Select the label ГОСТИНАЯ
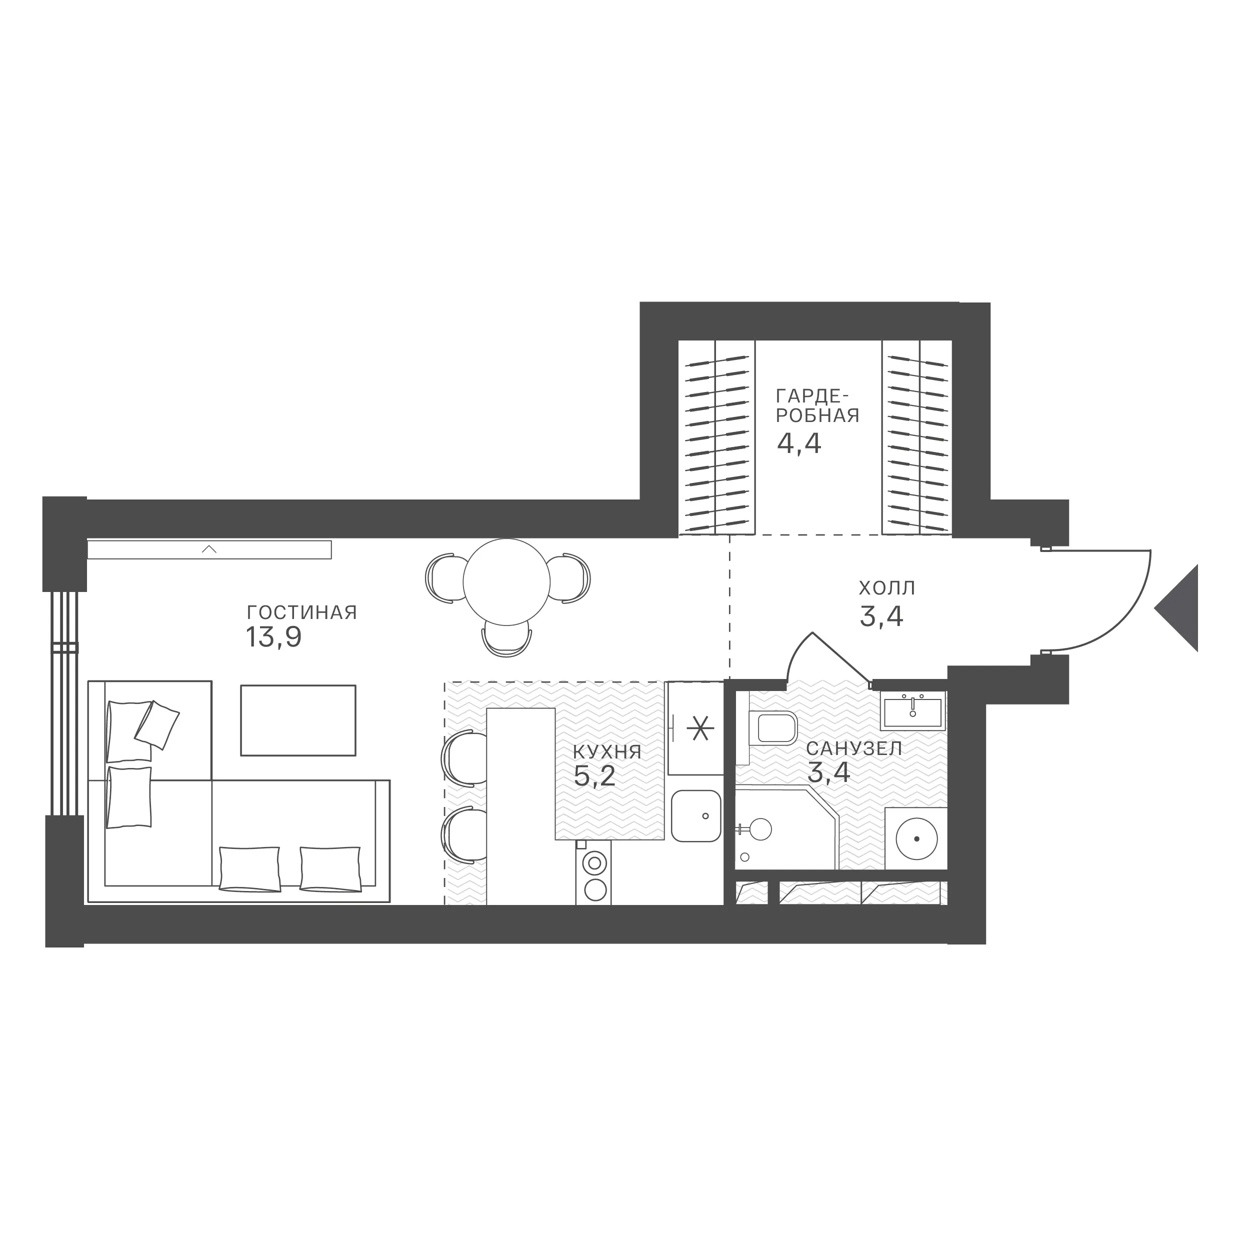(x=302, y=612)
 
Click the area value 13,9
(x=273, y=638)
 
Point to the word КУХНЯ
(x=607, y=752)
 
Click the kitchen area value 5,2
(x=594, y=777)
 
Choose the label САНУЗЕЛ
(x=854, y=749)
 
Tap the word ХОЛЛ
(x=887, y=588)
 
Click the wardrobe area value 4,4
(x=799, y=444)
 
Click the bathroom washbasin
(x=913, y=710)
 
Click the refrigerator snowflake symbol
(x=699, y=728)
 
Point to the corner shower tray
(x=786, y=828)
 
